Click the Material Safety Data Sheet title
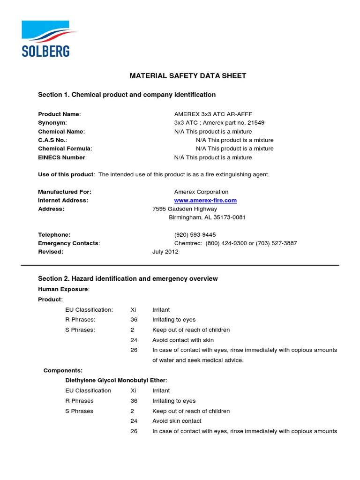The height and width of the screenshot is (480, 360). click(x=187, y=76)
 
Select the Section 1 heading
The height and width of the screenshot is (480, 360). click(x=127, y=95)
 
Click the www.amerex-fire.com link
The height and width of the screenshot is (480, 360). click(x=205, y=200)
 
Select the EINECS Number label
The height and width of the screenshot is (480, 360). click(x=62, y=157)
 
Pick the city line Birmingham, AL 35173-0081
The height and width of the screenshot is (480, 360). click(x=207, y=217)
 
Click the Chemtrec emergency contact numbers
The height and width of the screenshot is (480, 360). click(x=235, y=243)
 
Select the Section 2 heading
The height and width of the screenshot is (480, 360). click(x=127, y=278)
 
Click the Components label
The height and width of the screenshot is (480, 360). click(x=63, y=370)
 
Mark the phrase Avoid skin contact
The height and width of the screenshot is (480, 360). click(x=177, y=421)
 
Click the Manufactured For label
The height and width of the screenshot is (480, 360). click(x=65, y=192)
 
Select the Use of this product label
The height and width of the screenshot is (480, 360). click(x=66, y=174)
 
